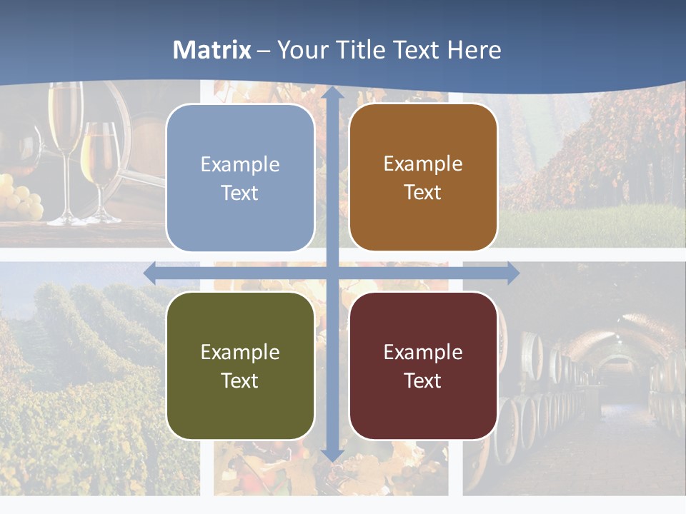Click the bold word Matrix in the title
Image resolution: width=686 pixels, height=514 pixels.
pos(212,50)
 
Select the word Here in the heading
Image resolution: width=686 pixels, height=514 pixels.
pos(474,50)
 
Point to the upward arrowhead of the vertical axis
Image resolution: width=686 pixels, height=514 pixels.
pos(332,94)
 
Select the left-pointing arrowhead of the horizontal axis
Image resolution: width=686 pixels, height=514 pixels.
pos(151,272)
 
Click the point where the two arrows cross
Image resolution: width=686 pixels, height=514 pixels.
pos(332,272)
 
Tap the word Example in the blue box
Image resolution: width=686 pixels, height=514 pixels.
pos(240,165)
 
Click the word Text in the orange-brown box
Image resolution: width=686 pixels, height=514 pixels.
pos(423,193)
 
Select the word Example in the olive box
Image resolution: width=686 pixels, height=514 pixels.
pos(240,352)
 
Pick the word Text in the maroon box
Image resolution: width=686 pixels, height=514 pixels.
pos(423,381)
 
